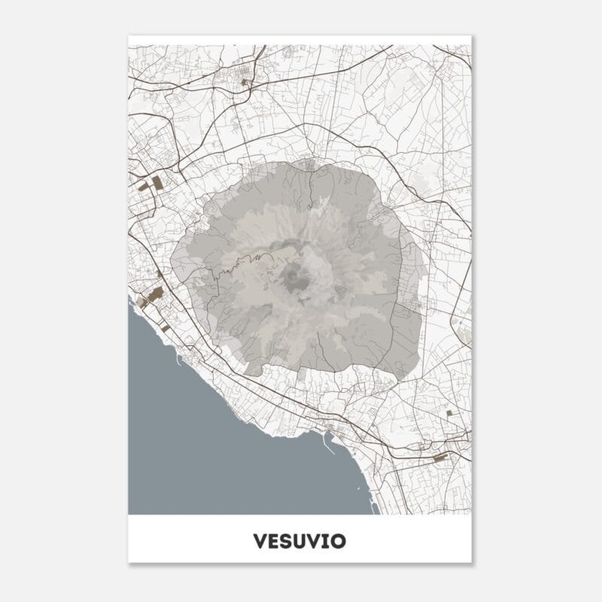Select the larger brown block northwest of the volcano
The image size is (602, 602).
[158, 182]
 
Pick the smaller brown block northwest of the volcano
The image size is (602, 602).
[143, 186]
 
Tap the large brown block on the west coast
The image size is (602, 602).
[156, 294]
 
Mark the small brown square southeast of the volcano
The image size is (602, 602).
[449, 412]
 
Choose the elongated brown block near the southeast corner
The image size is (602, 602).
[440, 456]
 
